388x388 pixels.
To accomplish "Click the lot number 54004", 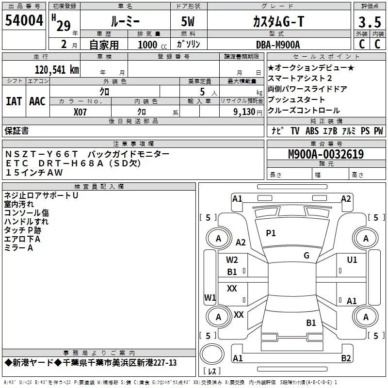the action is tap(24, 21).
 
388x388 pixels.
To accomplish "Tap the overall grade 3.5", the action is tap(369, 22).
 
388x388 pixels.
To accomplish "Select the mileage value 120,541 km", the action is tap(57, 70).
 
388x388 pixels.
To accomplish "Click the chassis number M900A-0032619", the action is tap(325, 154).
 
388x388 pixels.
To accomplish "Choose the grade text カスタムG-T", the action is tap(278, 21).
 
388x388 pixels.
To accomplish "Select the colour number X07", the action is tap(81, 112).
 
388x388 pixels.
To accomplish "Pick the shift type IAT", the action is tap(14, 101).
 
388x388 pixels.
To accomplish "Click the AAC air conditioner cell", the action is tap(37, 101).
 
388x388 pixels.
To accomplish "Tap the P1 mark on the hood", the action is tap(271, 233).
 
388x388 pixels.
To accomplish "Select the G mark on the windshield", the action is tap(307, 256).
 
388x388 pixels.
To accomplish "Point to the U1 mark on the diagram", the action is tap(352, 260).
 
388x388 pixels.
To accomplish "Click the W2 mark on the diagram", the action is tap(232, 260).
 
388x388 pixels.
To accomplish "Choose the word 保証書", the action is tap(17, 130).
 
